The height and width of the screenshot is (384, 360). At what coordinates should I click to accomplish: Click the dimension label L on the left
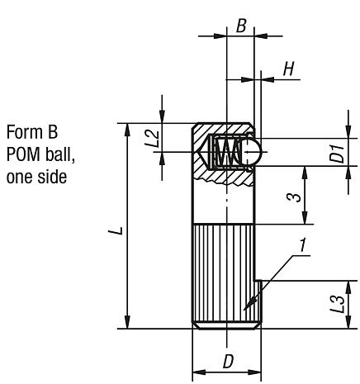pos(121,228)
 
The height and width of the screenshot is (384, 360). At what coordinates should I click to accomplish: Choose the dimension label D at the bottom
pos(226,361)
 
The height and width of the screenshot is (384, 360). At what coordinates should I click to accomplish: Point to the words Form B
pos(26,132)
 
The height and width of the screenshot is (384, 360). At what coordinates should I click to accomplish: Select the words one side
pos(31,176)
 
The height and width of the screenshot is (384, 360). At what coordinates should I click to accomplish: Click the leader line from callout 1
pos(272,286)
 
